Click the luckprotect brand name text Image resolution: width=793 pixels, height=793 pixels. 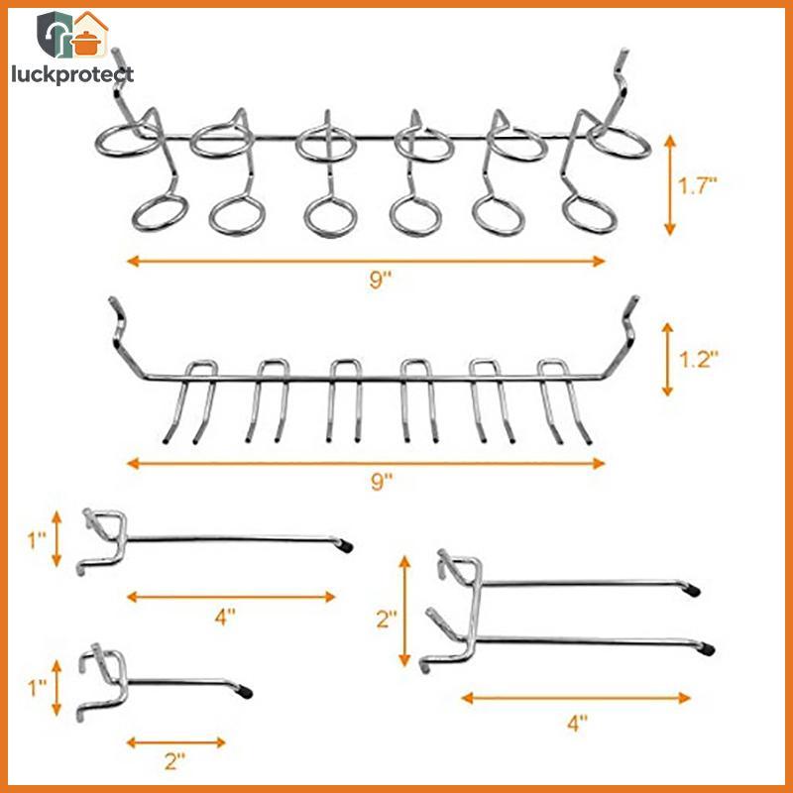72,75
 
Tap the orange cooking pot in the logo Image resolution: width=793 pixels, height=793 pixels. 86,43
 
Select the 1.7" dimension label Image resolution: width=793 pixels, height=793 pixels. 698,186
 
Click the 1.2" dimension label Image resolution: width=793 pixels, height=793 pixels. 698,359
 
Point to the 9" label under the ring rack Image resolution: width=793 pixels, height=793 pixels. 381,280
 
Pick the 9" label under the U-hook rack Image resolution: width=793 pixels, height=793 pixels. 382,482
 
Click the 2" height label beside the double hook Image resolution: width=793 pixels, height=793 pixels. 387,618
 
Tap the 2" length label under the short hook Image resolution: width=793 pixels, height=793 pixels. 175,761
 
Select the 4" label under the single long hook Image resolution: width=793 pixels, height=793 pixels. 225,617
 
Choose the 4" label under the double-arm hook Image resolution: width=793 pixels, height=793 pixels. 577,723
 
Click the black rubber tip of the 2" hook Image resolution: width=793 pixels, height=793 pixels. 245,692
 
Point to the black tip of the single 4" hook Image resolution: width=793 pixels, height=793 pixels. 345,546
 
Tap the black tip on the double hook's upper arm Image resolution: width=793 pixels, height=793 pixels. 692,590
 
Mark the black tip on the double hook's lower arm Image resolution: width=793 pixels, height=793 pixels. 707,649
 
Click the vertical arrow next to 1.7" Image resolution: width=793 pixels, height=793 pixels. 670,185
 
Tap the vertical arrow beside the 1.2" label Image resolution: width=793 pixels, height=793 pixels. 667,360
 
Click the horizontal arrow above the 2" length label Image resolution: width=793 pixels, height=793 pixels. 176,742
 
